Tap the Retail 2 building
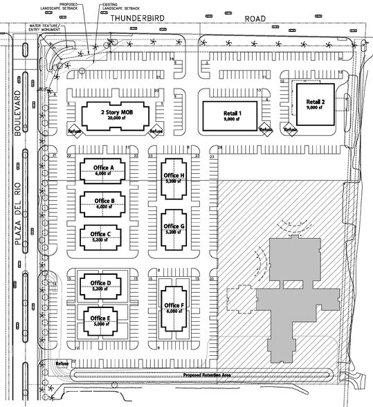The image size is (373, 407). coord(316,102)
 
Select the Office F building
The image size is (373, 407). coord(172,307)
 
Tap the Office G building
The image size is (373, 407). coord(172,229)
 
